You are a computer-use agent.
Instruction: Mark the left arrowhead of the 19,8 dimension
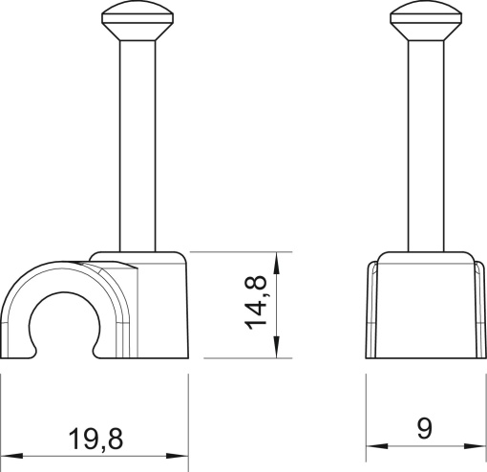coord(8,453)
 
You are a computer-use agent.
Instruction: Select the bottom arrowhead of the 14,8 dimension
coord(277,351)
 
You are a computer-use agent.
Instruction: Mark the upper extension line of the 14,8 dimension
coord(239,252)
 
